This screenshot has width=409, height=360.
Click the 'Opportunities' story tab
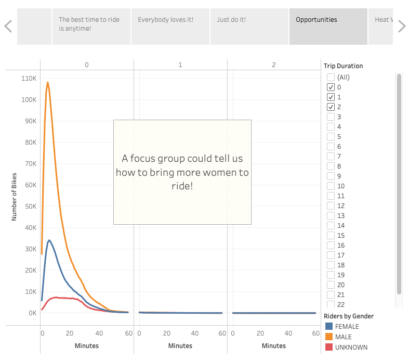pos(328,26)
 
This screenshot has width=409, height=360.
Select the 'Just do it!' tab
pos(249,26)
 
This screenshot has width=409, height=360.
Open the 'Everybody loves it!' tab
pos(170,26)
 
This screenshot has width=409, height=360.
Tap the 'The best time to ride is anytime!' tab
pos(91,26)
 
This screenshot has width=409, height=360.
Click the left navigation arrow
pos(8,26)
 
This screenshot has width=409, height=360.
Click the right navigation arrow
pos(402,26)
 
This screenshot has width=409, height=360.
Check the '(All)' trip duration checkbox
pos(331,78)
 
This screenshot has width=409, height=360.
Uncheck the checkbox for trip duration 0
pos(331,87)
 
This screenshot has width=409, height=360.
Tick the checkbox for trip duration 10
pos(331,186)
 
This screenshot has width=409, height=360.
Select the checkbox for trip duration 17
pos(331,255)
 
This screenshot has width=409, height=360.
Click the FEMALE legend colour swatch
pos(329,327)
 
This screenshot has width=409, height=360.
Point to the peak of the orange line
pos(48,82)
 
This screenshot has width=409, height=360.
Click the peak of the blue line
pos(49,240)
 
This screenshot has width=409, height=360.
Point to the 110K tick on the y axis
pos(29,78)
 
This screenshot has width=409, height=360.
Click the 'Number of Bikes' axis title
pos(15,197)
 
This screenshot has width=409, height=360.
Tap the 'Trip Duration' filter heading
pos(343,66)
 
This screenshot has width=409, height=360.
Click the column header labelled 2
pos(274,65)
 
